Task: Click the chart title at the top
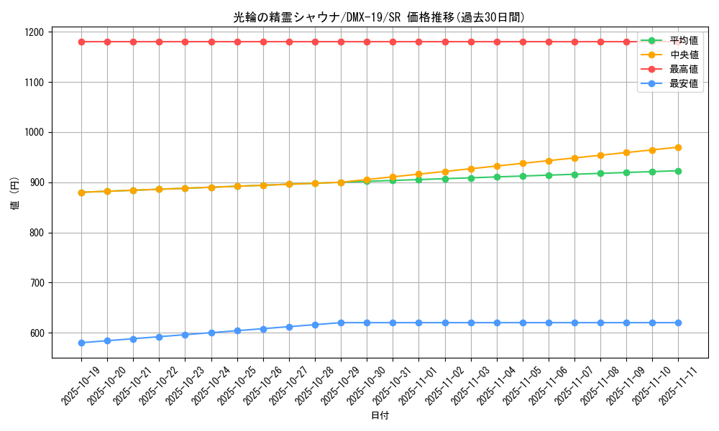(379, 17)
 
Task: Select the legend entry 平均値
(683, 40)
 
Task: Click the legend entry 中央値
(683, 55)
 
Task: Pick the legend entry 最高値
(683, 69)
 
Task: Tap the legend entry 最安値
(683, 83)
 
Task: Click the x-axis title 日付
(379, 416)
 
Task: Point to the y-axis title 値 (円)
(15, 195)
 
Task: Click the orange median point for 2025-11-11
(678, 147)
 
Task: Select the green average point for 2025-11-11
(678, 171)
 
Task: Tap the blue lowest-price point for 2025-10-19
(81, 343)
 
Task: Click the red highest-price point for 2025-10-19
(81, 42)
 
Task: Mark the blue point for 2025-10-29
(341, 323)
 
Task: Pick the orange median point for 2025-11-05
(523, 163)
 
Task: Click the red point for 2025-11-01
(419, 42)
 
